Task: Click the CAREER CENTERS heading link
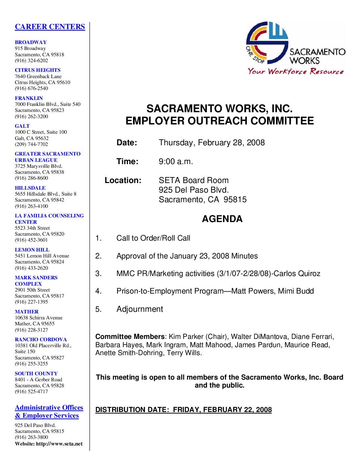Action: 50,27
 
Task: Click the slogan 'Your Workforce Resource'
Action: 296,71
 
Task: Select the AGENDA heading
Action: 222,219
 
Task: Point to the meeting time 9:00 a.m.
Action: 176,162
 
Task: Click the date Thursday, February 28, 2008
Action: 212,143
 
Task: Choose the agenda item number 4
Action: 98,291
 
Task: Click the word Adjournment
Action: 140,309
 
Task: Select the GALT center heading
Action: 22,126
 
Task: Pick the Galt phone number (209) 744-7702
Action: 31,144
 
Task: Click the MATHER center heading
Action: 26,312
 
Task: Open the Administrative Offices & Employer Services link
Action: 49,411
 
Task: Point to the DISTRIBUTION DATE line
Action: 183,410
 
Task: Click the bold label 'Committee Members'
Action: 130,337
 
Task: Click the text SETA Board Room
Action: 194,180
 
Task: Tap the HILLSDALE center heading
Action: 30,188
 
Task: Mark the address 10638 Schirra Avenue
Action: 39,318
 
